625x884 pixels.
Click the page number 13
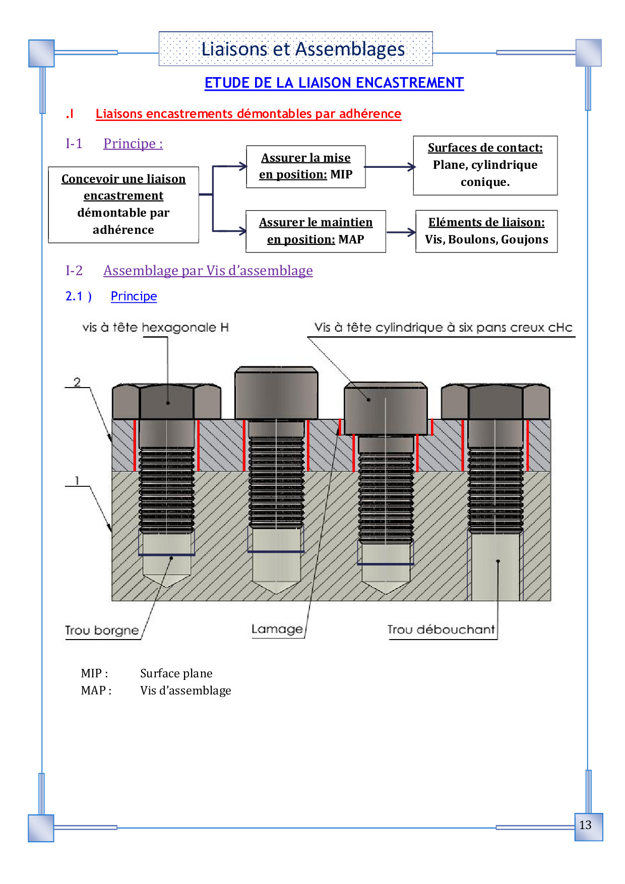click(x=585, y=825)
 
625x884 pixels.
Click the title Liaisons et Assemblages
click(x=302, y=49)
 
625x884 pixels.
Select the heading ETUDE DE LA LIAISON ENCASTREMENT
click(x=334, y=83)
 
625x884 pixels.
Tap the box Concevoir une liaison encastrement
click(x=123, y=204)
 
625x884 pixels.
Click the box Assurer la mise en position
click(x=305, y=166)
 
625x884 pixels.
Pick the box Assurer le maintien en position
click(x=316, y=231)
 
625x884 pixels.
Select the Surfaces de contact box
click(x=485, y=165)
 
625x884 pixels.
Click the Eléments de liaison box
click(x=486, y=231)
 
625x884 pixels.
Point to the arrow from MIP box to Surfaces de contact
click(x=389, y=167)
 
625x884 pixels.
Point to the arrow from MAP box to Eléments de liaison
click(x=401, y=232)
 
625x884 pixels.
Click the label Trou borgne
click(x=102, y=630)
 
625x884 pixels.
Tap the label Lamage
click(x=277, y=629)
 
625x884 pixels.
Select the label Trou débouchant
click(x=441, y=629)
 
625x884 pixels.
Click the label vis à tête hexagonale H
click(x=155, y=328)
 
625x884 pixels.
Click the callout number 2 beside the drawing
click(x=77, y=382)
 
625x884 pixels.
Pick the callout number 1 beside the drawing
click(x=77, y=480)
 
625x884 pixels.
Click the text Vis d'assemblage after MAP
click(x=185, y=690)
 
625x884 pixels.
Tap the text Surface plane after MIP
click(x=176, y=673)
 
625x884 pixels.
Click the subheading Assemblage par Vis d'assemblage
click(x=208, y=271)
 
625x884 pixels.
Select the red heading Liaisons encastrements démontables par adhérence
click(x=248, y=114)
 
